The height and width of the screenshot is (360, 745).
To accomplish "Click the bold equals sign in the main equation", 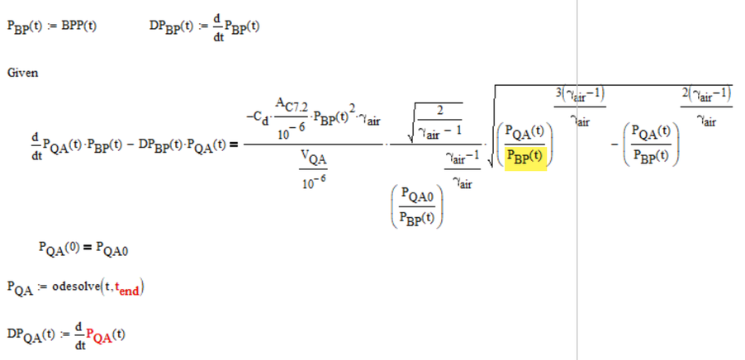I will pyautogui.click(x=232, y=146).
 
